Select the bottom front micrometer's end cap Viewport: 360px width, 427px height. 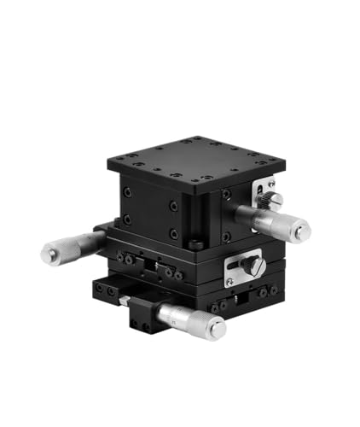pos(217,328)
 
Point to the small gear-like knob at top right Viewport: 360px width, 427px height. pos(270,202)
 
